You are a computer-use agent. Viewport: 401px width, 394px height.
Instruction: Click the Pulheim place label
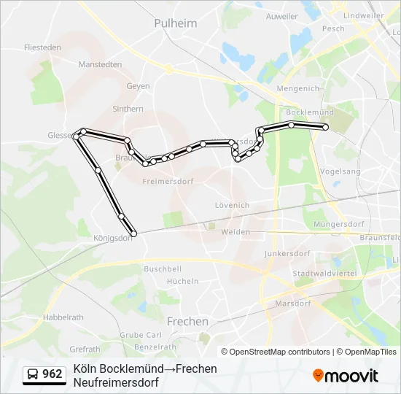click(x=176, y=23)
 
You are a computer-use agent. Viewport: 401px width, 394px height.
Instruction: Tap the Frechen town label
click(x=187, y=321)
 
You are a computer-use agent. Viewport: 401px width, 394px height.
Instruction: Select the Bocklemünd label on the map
click(x=310, y=112)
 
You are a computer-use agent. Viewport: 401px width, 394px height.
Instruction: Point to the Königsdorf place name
click(x=112, y=237)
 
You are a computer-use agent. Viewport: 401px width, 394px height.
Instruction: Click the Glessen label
click(x=59, y=136)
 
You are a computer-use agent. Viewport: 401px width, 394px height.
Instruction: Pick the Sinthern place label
click(x=128, y=109)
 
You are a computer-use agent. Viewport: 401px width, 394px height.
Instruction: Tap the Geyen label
click(x=138, y=86)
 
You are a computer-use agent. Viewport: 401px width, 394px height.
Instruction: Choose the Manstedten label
click(x=100, y=64)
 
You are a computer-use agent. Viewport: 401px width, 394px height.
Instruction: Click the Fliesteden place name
click(x=42, y=47)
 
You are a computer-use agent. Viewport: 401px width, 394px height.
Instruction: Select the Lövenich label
click(x=232, y=206)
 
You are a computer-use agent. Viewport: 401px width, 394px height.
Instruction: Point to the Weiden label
click(x=235, y=231)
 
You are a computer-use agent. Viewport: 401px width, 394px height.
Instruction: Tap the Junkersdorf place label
click(x=287, y=253)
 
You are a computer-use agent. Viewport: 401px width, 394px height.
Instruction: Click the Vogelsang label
click(x=340, y=171)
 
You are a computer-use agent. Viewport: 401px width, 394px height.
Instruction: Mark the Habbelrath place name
click(x=63, y=317)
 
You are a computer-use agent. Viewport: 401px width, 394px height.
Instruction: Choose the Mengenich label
click(x=297, y=88)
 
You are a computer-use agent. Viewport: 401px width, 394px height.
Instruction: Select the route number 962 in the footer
click(x=52, y=374)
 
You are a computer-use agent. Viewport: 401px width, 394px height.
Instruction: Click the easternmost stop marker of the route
click(x=326, y=128)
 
